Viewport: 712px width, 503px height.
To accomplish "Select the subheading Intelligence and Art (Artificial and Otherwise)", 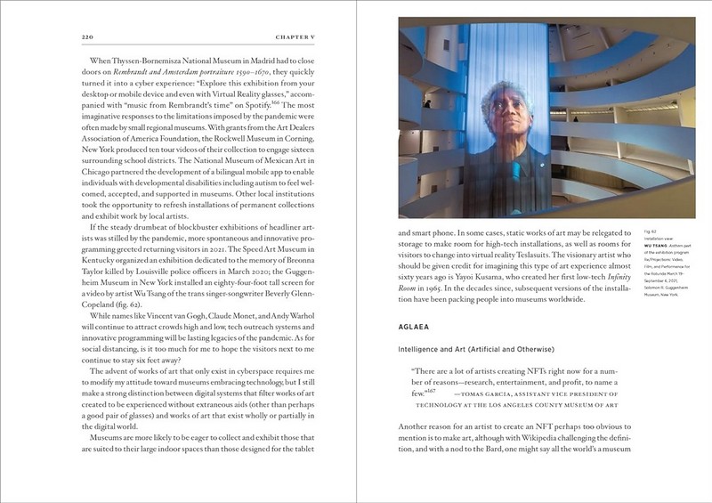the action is (476, 348).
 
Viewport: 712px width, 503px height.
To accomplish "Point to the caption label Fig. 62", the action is (649, 231).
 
